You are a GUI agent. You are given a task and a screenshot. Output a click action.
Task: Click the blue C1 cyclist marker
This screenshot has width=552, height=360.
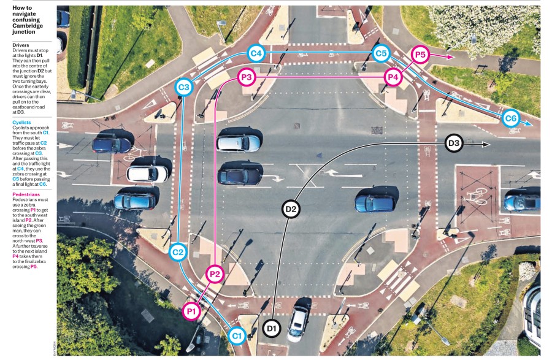pos(237,335)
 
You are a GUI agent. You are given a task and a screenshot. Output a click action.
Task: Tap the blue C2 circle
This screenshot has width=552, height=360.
pos(178,252)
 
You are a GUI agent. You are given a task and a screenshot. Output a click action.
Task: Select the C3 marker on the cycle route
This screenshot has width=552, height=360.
pos(184,87)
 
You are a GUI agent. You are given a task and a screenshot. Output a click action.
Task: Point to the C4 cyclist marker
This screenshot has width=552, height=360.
pos(256,53)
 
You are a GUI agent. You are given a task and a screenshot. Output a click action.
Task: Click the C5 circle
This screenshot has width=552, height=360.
pos(381,53)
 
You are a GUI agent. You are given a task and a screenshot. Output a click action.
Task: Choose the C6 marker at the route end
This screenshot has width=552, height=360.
pos(511,118)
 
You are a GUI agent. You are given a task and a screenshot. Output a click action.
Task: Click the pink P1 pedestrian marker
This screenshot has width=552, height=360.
pos(191,311)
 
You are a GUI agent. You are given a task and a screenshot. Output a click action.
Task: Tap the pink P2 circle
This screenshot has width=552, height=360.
pos(215,274)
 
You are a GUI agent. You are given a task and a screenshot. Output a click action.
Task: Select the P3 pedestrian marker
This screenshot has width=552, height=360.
pos(247,77)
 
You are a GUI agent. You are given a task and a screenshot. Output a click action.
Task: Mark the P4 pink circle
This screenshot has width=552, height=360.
pos(393,77)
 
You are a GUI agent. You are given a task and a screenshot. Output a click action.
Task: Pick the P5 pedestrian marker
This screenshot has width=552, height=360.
pos(420,55)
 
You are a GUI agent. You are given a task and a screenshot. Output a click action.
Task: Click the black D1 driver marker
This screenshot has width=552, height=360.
pos(272,328)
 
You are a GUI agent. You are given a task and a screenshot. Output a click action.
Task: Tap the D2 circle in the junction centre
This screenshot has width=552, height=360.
pos(291,209)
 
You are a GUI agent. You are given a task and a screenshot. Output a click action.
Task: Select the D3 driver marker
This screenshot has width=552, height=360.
pos(454,143)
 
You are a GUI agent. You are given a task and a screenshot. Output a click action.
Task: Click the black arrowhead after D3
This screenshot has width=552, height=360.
pos(486,144)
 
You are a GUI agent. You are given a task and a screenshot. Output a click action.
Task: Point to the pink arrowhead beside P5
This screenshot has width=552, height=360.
pos(451,56)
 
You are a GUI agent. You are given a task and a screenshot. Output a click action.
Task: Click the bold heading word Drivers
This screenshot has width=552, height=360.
pos(21,45)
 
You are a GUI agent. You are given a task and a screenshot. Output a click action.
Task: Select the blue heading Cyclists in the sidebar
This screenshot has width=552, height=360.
pos(21,123)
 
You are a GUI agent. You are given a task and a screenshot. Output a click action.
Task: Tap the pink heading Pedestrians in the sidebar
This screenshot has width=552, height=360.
pos(26,194)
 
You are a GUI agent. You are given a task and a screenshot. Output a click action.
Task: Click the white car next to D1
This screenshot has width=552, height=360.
pos(298,323)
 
